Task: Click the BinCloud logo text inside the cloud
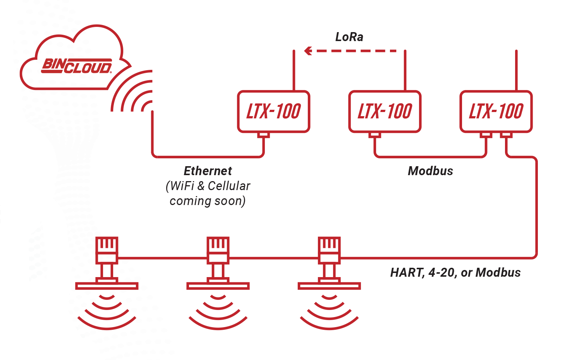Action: tap(77, 66)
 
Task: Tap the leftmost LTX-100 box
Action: tap(273, 111)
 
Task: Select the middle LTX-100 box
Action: tap(385, 111)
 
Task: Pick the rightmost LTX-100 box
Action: tap(496, 111)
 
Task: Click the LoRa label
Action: tap(349, 37)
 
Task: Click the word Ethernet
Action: tap(208, 171)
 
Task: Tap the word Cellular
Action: tap(229, 186)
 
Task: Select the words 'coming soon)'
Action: tap(208, 201)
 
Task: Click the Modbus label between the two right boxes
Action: tap(430, 171)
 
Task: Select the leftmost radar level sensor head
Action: tap(107, 249)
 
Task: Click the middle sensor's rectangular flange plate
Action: tap(218, 286)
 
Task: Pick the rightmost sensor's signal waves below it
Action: tap(329, 312)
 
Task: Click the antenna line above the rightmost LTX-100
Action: tap(516, 69)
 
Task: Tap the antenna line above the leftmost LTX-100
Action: tap(294, 69)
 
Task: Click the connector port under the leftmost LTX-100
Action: tap(264, 135)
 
